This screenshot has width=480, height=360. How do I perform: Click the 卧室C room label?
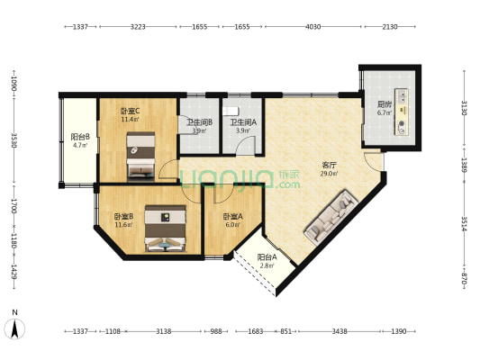click(x=131, y=110)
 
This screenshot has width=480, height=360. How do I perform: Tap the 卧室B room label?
click(x=123, y=216)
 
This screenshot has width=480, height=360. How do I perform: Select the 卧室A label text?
click(x=231, y=216)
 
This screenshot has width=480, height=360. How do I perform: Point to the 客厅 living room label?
click(x=329, y=165)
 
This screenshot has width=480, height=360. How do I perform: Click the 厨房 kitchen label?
click(x=384, y=104)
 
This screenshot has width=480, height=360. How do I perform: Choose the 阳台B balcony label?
click(x=79, y=137)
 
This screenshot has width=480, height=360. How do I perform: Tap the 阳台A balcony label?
click(x=266, y=257)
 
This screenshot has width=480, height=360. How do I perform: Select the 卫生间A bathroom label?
click(x=242, y=122)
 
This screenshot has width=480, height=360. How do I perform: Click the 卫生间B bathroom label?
click(x=199, y=122)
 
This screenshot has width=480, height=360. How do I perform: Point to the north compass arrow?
click(x=15, y=326)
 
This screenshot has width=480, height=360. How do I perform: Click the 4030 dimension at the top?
click(x=312, y=27)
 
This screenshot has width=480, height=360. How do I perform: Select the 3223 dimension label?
click(x=138, y=27)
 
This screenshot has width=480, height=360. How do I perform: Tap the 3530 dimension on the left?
click(x=13, y=140)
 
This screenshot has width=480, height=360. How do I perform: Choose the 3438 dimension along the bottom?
click(x=340, y=332)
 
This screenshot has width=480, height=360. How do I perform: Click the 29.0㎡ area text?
click(x=329, y=174)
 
